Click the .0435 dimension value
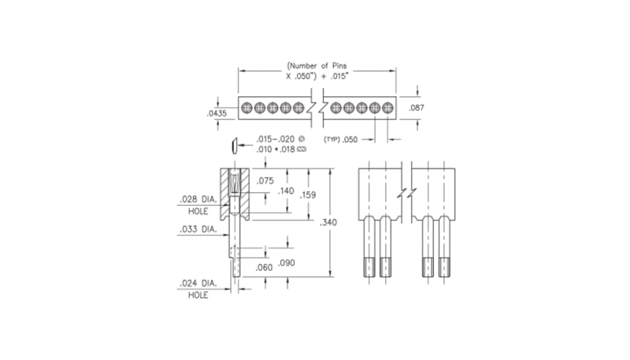click(x=217, y=114)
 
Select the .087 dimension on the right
click(x=418, y=107)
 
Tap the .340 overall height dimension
click(x=329, y=223)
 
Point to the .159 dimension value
click(x=309, y=195)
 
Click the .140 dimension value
click(x=286, y=191)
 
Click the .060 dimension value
click(x=265, y=268)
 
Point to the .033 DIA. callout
click(x=197, y=230)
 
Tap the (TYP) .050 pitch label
click(x=341, y=139)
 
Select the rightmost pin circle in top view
click(x=387, y=107)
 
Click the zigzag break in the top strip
click(x=317, y=107)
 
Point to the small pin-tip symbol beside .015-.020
click(x=234, y=144)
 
